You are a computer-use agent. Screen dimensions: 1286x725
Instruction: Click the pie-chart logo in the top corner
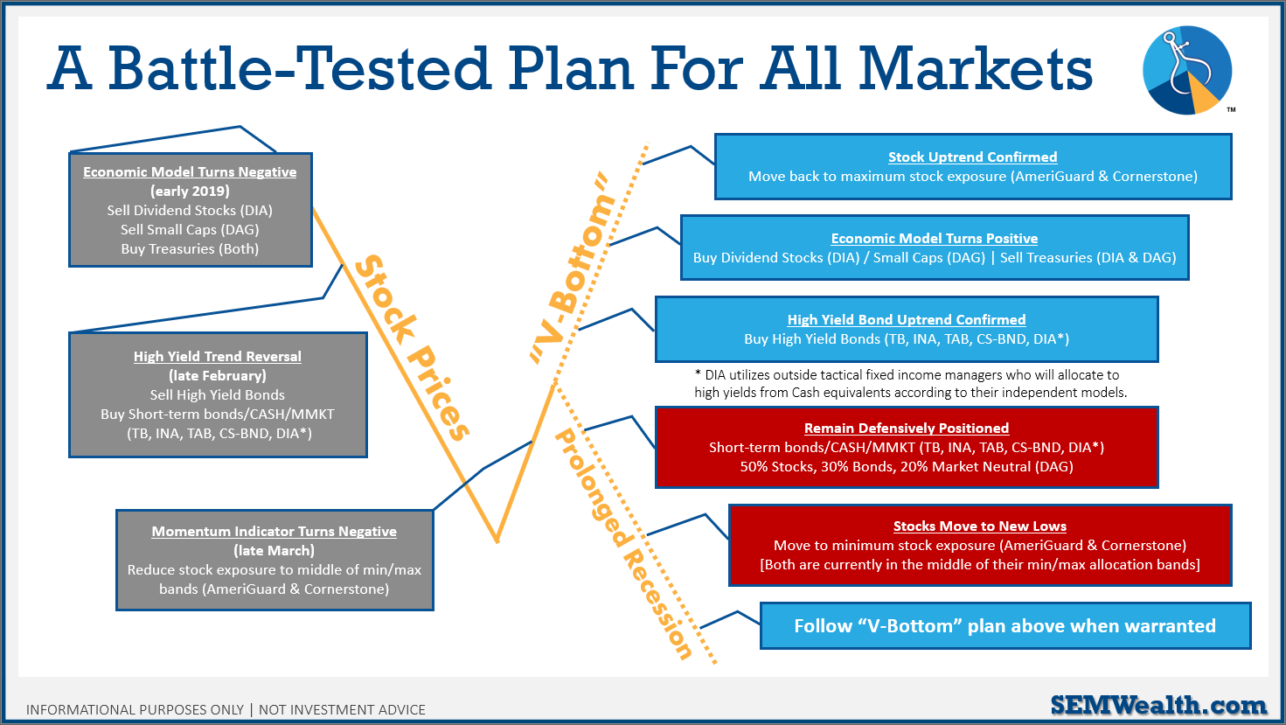click(x=1187, y=71)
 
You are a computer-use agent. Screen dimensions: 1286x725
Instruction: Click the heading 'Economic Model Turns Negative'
click(x=190, y=172)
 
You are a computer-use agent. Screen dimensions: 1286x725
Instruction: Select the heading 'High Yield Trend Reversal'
click(x=218, y=357)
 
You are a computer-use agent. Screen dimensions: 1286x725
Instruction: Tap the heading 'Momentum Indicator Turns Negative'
click(x=275, y=532)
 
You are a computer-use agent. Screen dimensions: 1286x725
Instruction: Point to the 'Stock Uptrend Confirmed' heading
click(x=972, y=157)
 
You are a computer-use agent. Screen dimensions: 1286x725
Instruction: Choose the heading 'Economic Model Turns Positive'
click(x=935, y=239)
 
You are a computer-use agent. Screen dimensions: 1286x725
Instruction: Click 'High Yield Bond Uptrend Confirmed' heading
click(x=907, y=320)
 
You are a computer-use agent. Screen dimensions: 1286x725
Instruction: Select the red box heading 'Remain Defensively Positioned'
click(x=907, y=429)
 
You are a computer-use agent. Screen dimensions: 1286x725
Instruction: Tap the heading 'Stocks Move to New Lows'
click(x=979, y=526)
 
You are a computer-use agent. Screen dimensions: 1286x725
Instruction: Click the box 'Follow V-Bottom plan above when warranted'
click(x=1004, y=626)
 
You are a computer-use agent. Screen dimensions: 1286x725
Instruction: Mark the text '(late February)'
click(x=218, y=376)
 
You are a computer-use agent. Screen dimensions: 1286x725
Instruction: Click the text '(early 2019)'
click(x=190, y=192)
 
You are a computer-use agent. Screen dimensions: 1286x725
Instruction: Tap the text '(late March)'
click(x=275, y=551)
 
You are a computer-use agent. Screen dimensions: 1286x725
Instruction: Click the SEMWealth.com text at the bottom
click(x=1158, y=705)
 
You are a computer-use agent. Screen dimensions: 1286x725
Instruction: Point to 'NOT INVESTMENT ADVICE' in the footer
click(x=342, y=710)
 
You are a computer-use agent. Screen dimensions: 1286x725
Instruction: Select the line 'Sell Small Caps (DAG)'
click(x=190, y=230)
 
